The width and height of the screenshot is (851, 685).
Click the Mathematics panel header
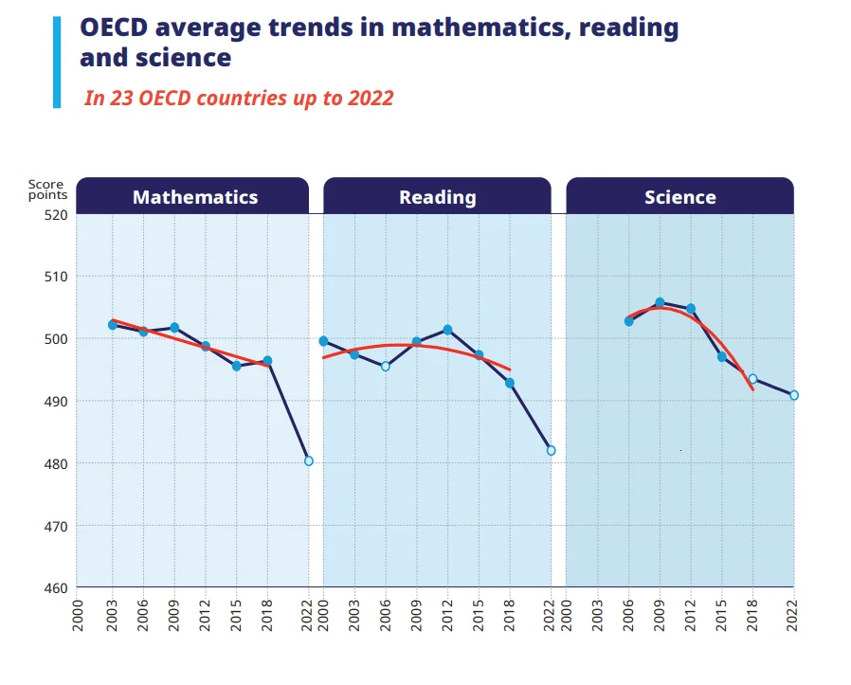coord(194,197)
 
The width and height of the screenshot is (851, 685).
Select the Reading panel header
coord(437,197)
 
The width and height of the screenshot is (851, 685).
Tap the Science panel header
coord(679,197)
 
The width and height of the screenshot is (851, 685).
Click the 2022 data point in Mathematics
coord(309,461)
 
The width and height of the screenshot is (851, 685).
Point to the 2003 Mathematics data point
coord(113,325)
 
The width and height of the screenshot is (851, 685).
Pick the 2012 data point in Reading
coord(447,330)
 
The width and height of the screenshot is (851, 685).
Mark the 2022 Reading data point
coord(551,450)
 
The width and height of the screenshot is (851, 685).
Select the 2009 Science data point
coord(660,303)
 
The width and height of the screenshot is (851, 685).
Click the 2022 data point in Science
coord(794,395)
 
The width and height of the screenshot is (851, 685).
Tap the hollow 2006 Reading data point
coord(385,366)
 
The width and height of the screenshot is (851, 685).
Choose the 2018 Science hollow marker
coord(752,379)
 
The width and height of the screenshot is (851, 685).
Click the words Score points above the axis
coord(46,189)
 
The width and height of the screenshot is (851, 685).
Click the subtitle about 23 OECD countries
coord(238,98)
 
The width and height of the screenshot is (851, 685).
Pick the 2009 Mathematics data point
coord(174,328)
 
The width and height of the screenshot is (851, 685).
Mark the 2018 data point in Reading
coord(510,383)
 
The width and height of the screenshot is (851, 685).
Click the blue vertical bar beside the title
coord(57,62)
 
